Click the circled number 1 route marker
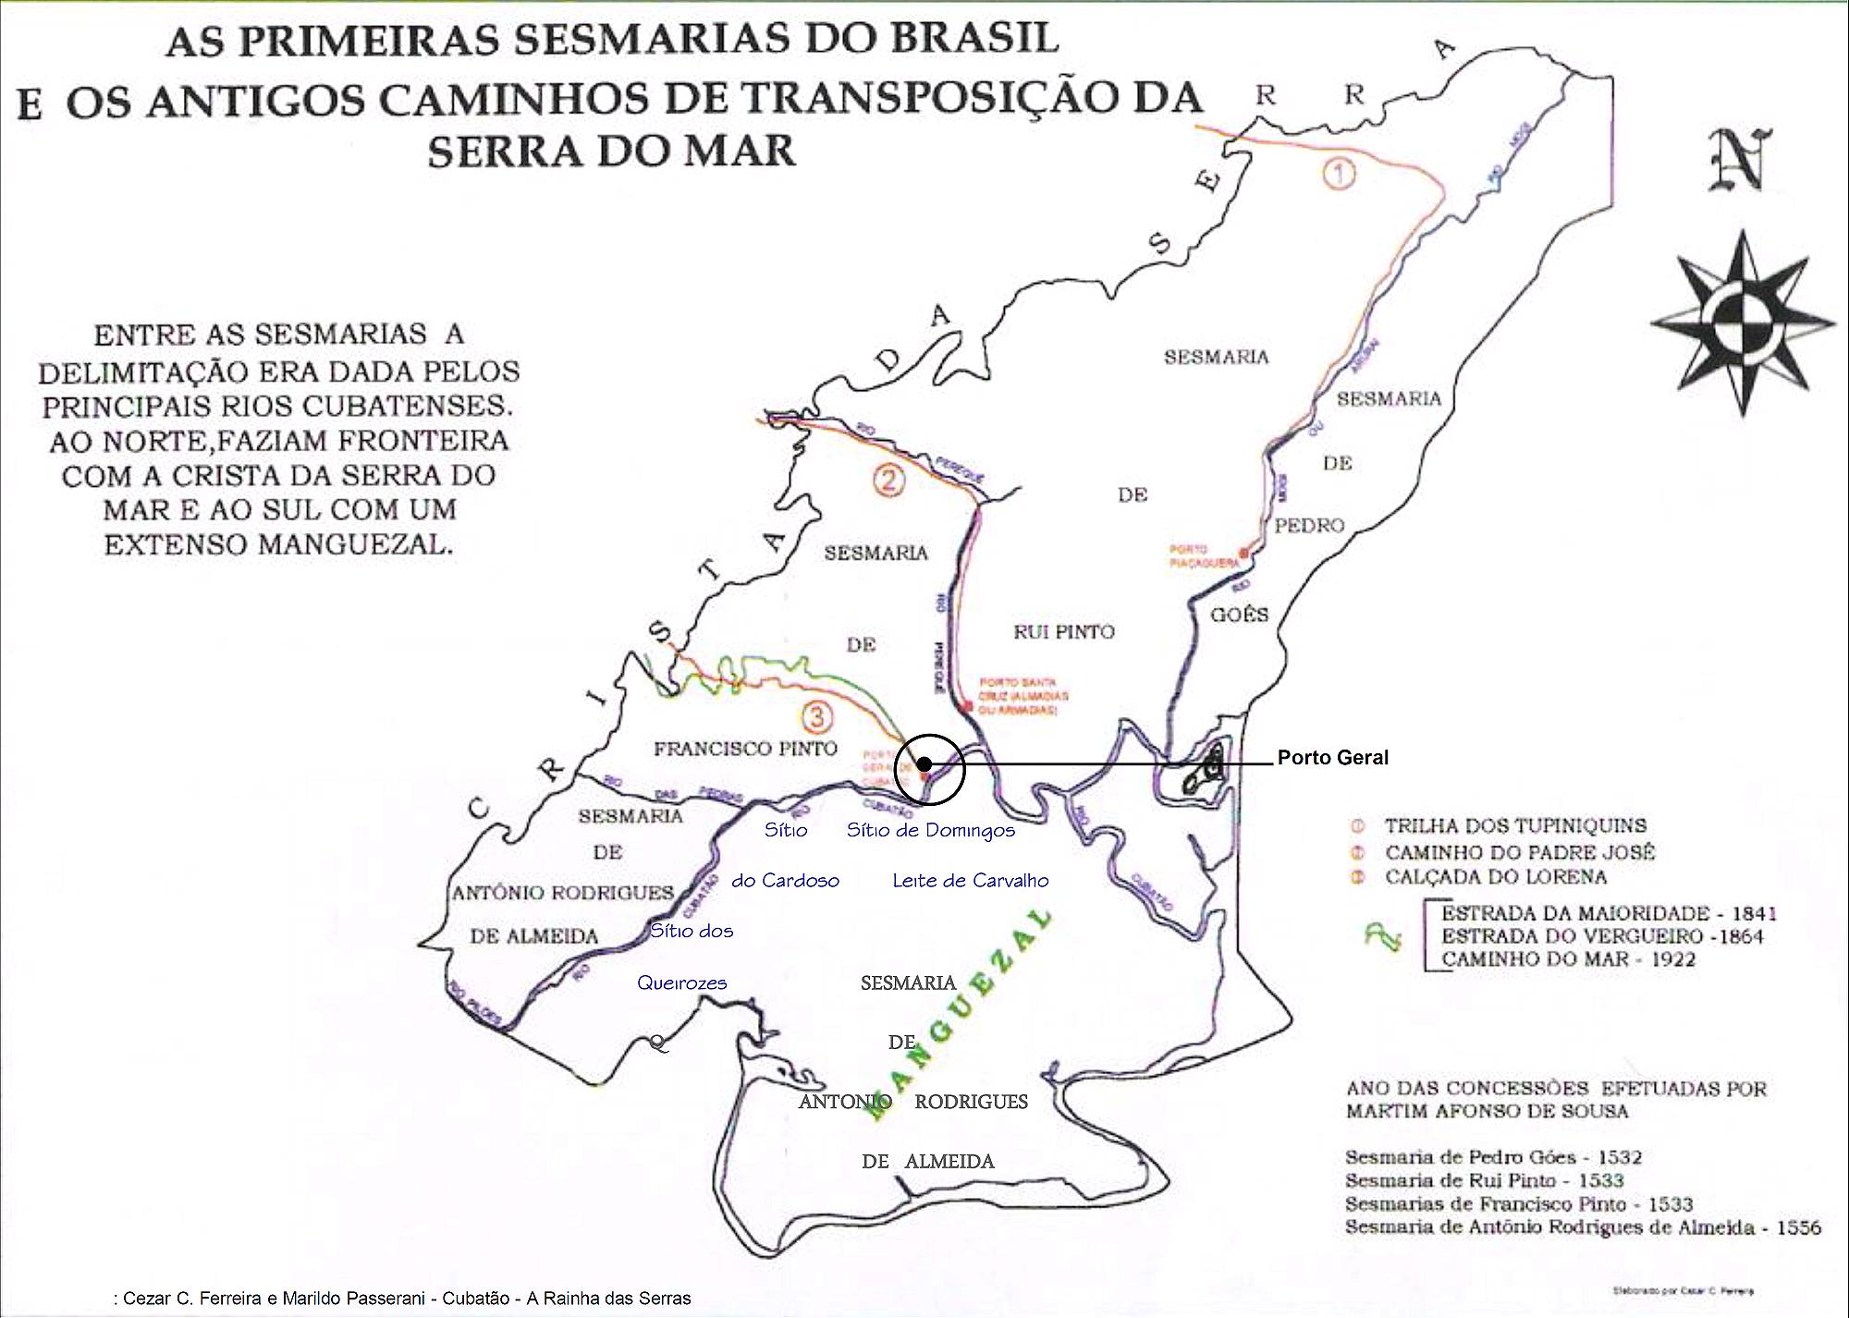1339,173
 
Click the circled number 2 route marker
888,481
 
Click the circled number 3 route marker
816,716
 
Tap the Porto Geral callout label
1332,758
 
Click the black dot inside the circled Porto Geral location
924,764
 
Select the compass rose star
1741,323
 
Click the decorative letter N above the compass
1739,159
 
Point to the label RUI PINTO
1064,632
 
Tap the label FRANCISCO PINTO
745,749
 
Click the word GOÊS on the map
1240,615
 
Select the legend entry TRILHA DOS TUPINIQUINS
1514,826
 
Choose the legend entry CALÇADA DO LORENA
1495,876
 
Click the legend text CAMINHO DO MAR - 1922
1568,959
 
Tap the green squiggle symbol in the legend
1384,937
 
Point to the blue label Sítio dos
692,931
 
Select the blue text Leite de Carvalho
970,881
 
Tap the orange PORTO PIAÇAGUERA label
1203,555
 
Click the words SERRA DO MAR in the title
610,151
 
